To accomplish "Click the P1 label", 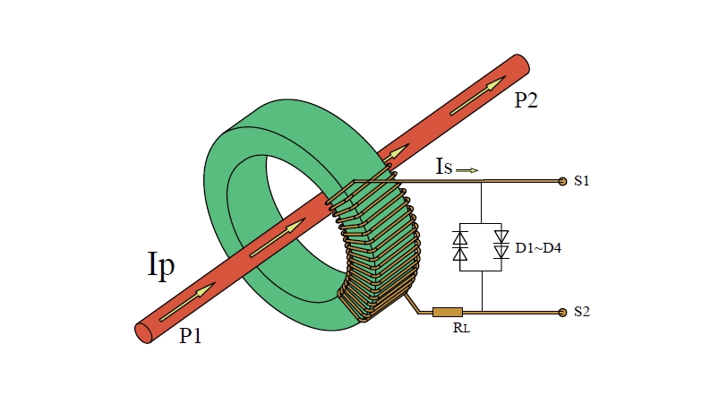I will click(191, 336).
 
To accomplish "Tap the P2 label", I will click(526, 100).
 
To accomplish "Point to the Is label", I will click(443, 168).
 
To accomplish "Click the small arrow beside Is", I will click(467, 168).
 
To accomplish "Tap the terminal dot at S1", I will click(562, 181).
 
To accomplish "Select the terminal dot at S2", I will click(562, 312).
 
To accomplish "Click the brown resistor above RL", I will click(447, 312).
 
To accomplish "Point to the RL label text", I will click(461, 328).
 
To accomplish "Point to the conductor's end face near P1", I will click(143, 331).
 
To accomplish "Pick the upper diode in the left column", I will click(460, 238).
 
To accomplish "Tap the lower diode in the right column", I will click(501, 254).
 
